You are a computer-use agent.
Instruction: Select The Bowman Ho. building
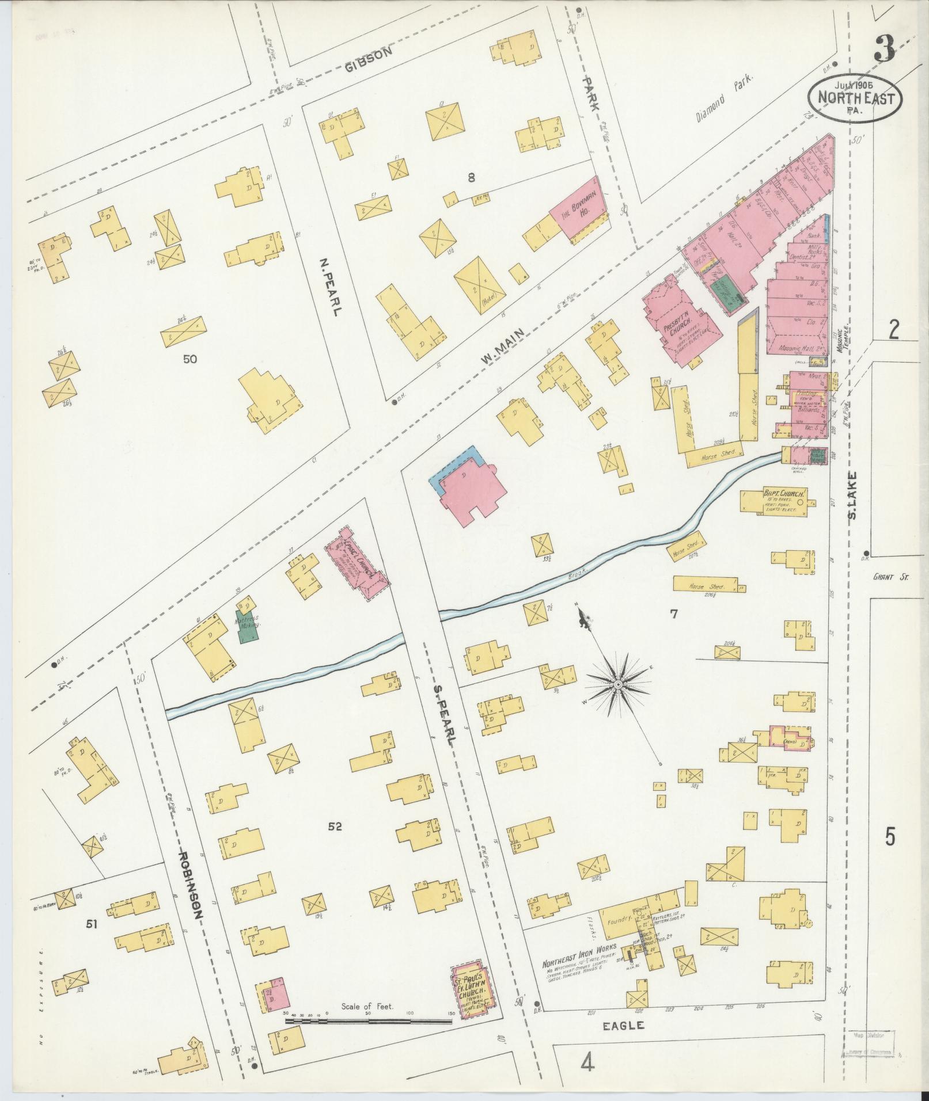(x=579, y=208)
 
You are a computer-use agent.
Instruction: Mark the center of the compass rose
(x=617, y=684)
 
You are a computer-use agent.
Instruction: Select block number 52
(x=335, y=827)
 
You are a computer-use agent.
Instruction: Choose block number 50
(x=190, y=359)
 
